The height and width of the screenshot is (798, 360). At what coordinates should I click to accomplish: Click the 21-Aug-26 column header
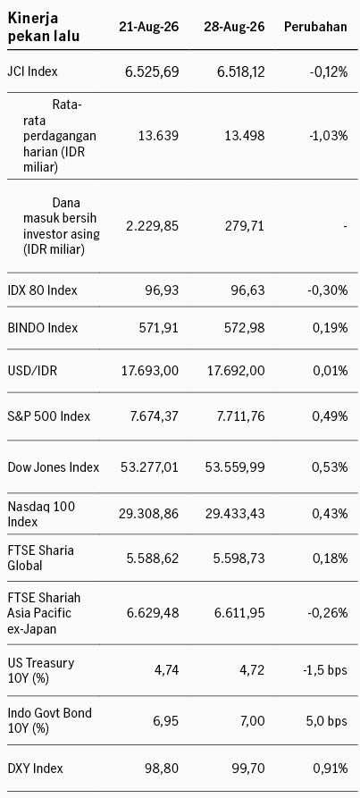click(x=149, y=27)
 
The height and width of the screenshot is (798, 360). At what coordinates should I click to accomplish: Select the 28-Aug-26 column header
click(x=234, y=27)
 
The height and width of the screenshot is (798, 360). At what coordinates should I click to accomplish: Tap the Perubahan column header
click(x=315, y=27)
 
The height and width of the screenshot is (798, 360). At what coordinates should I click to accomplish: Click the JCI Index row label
click(x=32, y=71)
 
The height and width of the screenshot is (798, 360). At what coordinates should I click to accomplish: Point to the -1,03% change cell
click(x=329, y=136)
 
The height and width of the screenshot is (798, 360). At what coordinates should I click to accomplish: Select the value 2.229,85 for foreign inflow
click(x=153, y=225)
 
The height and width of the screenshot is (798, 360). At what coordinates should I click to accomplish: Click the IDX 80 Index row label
click(x=43, y=290)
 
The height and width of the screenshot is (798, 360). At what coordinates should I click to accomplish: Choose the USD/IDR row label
click(x=32, y=371)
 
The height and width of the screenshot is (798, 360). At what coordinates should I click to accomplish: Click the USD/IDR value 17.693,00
click(x=149, y=371)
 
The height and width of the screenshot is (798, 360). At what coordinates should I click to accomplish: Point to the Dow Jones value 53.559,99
click(x=235, y=467)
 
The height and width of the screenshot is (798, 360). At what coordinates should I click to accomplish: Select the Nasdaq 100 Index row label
click(x=42, y=514)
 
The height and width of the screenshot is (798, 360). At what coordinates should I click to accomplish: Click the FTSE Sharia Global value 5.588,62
click(x=153, y=559)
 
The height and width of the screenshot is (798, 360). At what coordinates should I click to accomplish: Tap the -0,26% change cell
click(x=329, y=613)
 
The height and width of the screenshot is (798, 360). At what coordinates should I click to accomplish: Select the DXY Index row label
click(x=36, y=768)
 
